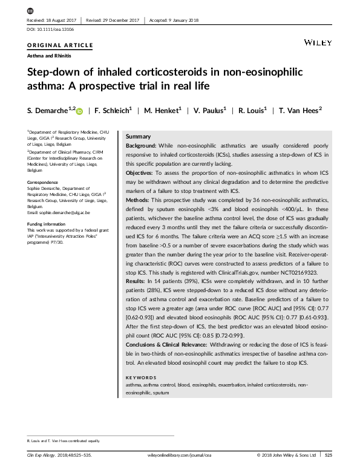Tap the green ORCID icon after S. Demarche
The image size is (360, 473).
79,111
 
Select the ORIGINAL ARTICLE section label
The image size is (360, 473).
61,45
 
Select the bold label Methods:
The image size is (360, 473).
142,200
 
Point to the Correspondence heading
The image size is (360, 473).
44,182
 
